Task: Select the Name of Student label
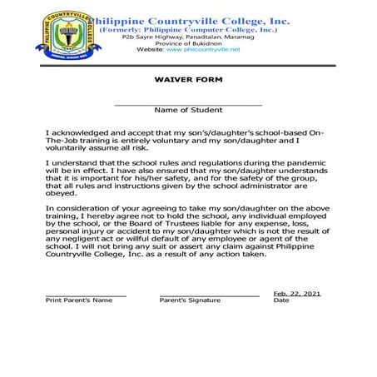point(187,110)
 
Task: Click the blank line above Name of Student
point(187,104)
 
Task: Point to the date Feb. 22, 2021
point(296,293)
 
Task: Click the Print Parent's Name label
point(78,300)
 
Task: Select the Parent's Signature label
point(190,300)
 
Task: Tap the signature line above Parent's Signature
point(209,295)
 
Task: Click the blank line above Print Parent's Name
point(86,295)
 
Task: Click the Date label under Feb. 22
point(281,300)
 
